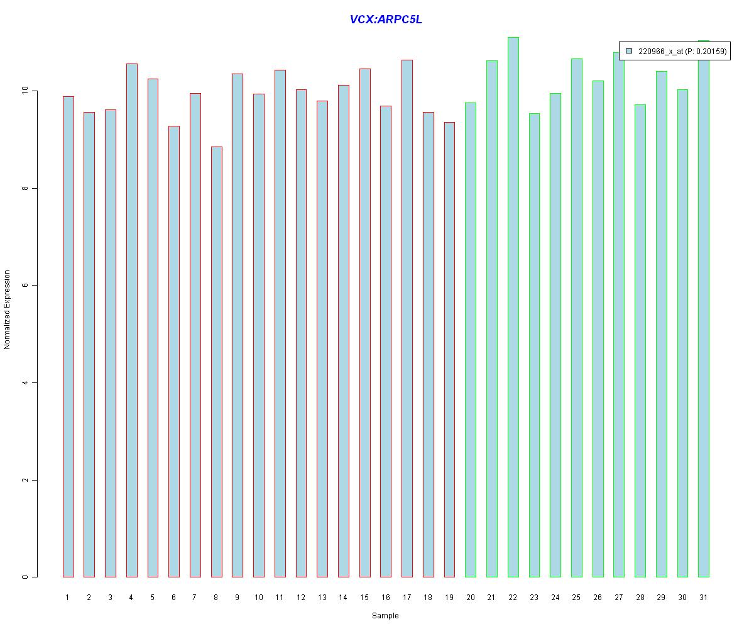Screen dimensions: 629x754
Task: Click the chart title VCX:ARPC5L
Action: [x=386, y=19]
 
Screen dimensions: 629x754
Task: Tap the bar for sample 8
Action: [x=216, y=362]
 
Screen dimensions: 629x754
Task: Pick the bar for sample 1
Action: [x=68, y=337]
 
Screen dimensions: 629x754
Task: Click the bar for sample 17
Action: [x=407, y=318]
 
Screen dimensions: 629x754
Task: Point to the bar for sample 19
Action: [x=449, y=349]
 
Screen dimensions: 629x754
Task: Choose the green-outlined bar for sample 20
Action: [x=471, y=340]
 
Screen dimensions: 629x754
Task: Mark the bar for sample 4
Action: [x=131, y=320]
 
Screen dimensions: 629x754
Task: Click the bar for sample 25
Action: [x=576, y=318]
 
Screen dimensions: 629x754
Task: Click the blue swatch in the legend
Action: [x=628, y=52]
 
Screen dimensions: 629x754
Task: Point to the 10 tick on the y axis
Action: [x=34, y=91]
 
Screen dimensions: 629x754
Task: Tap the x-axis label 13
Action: [x=322, y=597]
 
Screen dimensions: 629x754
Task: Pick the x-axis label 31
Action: [x=703, y=597]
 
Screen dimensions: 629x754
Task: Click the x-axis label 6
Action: [x=173, y=597]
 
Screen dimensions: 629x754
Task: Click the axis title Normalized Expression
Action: [x=8, y=309]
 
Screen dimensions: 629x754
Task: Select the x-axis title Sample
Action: [x=385, y=616]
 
